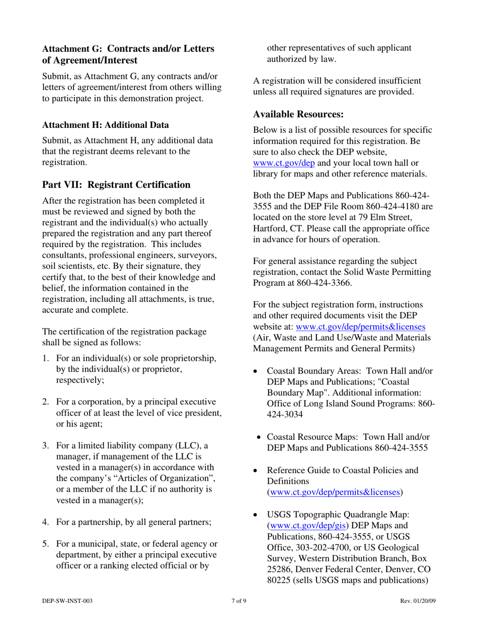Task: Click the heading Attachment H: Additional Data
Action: pos(105,124)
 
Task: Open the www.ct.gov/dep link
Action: pos(283,163)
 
